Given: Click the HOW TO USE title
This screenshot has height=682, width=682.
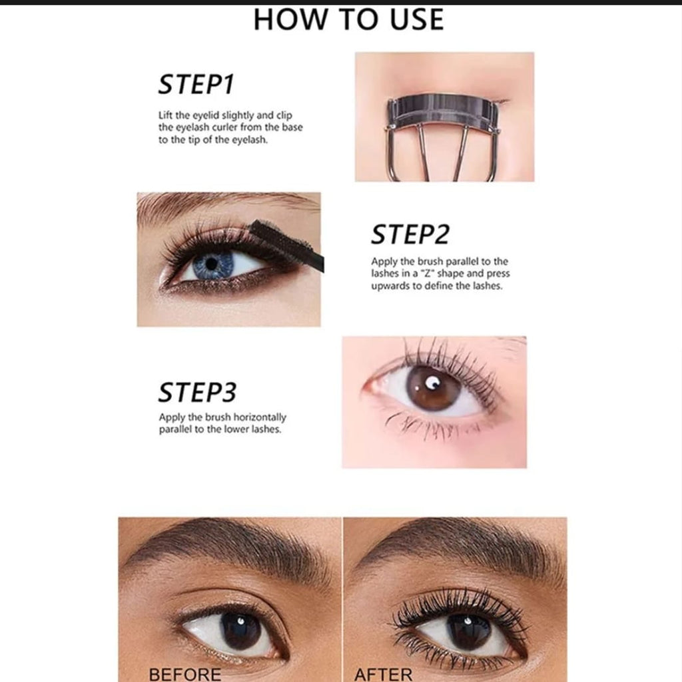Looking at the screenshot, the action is click(348, 19).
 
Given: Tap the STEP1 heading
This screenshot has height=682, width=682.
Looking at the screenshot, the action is click(196, 84).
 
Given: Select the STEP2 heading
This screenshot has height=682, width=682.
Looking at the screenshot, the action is click(410, 234).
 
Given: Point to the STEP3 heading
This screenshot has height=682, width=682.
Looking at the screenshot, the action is click(197, 392).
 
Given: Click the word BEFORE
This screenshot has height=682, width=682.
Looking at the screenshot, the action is click(185, 674).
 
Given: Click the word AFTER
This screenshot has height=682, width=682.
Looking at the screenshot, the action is click(383, 674).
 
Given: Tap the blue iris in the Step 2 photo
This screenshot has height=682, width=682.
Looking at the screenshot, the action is click(213, 265).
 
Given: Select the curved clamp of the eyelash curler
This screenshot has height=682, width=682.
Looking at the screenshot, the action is click(444, 113).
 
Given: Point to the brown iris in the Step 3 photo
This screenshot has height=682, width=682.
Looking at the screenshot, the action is click(433, 388).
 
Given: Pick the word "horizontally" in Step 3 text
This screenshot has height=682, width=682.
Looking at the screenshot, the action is click(260, 417).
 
